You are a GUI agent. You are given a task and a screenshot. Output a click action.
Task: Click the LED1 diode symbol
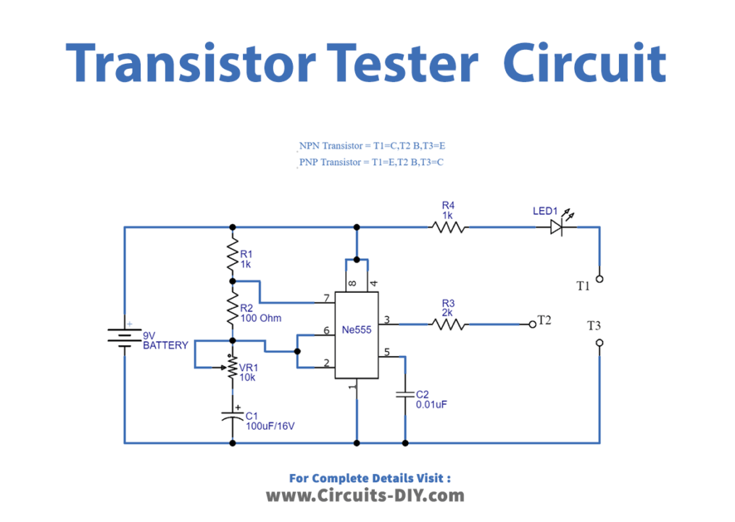point(556,227)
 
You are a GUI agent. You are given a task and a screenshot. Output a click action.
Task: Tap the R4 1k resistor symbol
point(449,227)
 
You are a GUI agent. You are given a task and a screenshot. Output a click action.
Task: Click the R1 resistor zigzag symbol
point(233,254)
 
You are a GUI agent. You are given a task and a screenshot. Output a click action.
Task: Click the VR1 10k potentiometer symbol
point(233,367)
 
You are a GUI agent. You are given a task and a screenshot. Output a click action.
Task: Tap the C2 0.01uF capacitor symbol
point(404,396)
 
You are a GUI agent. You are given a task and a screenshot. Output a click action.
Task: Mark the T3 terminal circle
point(599,343)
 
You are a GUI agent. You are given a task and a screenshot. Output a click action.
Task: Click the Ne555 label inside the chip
point(357,330)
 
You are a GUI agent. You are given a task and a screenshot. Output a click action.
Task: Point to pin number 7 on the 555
point(327,298)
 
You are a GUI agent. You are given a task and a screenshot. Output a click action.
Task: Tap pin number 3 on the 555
point(386,320)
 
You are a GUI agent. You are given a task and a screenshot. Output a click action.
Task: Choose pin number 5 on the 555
point(386,352)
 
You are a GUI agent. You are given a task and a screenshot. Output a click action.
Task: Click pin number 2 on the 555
point(327,362)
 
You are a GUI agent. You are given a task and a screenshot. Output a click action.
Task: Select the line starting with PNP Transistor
point(371,162)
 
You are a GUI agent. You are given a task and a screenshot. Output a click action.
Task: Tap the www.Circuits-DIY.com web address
point(365,496)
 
